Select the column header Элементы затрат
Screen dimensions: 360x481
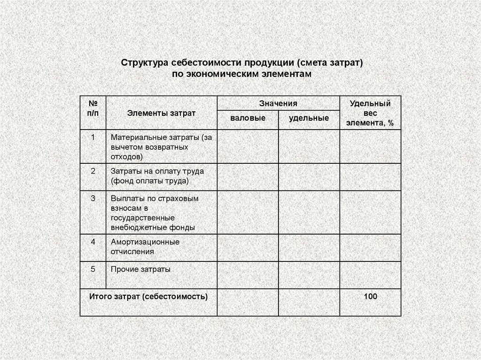(162, 113)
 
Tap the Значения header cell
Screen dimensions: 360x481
(278, 103)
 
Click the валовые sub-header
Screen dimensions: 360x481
(248, 118)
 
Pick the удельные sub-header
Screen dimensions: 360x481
(309, 118)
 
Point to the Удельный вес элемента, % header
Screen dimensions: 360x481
(370, 113)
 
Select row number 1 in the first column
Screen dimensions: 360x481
(93, 138)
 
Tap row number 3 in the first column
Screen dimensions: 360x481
(93, 198)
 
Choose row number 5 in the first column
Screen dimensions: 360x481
(93, 269)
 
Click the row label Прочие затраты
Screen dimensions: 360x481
(140, 269)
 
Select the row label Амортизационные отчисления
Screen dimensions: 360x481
(145, 247)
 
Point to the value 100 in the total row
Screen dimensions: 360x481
(370, 297)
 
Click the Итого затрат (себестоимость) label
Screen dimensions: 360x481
(148, 297)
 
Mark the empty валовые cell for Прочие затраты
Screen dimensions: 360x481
(248, 275)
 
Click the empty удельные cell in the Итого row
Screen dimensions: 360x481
(309, 302)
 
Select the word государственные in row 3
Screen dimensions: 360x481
(143, 218)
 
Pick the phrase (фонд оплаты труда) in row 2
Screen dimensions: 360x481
(150, 180)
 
